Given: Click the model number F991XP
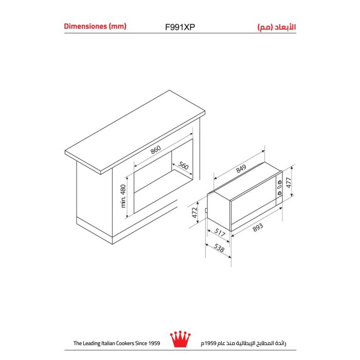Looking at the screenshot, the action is [x=180, y=27].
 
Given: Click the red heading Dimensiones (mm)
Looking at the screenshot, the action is [x=95, y=26].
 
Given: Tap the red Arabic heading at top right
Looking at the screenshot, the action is [x=277, y=27].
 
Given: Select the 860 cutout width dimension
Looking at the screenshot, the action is [x=156, y=150].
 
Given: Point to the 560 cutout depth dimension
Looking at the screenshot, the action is [x=183, y=165].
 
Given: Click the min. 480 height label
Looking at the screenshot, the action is [x=123, y=196].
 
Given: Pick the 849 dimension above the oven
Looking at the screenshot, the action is [x=241, y=169].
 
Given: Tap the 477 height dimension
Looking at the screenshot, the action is [x=289, y=183].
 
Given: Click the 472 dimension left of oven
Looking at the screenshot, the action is [x=195, y=212].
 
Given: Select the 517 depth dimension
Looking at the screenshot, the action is [x=220, y=232].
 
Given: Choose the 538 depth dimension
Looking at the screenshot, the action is [x=219, y=248].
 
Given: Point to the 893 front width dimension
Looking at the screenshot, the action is [x=258, y=227].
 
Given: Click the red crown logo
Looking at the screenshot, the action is [x=180, y=339].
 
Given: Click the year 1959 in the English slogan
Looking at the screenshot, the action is [x=154, y=343].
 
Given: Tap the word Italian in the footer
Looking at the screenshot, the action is [x=108, y=343].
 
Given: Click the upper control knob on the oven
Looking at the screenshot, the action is [x=280, y=182].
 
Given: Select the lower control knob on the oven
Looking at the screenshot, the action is [x=280, y=193].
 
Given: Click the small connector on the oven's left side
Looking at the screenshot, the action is [x=206, y=211].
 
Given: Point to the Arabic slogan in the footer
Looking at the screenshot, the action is [x=244, y=343].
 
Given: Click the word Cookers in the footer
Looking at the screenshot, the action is [x=125, y=343].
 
